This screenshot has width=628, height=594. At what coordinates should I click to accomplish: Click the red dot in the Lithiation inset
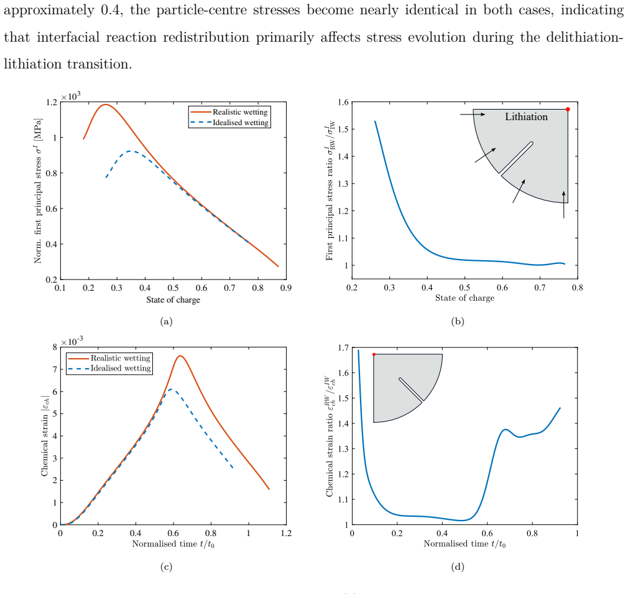pos(568,109)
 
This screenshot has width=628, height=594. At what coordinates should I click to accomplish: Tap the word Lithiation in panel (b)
pos(526,116)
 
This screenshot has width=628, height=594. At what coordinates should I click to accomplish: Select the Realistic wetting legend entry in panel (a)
pos(229,112)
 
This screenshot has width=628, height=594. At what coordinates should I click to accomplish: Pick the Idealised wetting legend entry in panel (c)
pos(109,368)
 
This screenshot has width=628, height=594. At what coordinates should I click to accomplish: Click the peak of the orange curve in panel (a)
pos(105,105)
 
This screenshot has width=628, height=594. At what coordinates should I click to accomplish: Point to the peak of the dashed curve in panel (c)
pos(171,389)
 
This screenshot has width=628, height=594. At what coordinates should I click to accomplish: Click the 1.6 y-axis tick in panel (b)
pos(343,102)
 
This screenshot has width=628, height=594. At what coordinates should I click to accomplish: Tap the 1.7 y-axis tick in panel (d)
pos(343,347)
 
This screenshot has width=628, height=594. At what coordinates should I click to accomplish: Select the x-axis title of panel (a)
pos(173,299)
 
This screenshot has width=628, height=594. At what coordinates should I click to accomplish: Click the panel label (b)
pos(458,321)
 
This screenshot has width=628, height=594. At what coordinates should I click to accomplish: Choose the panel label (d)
pos(458,567)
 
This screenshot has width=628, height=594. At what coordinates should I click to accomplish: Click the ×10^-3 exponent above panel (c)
pos(72,341)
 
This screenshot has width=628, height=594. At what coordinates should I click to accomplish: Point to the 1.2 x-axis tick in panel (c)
pos(286,533)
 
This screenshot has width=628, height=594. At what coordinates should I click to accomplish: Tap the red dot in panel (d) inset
pos(374,354)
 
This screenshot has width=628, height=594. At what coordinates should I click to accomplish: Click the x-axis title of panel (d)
pos(464,544)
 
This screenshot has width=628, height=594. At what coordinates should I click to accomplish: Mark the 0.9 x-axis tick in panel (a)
pos(286,288)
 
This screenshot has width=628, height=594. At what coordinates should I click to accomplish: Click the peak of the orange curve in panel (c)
pos(180,356)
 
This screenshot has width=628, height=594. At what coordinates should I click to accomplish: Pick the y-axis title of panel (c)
pos(45,436)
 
